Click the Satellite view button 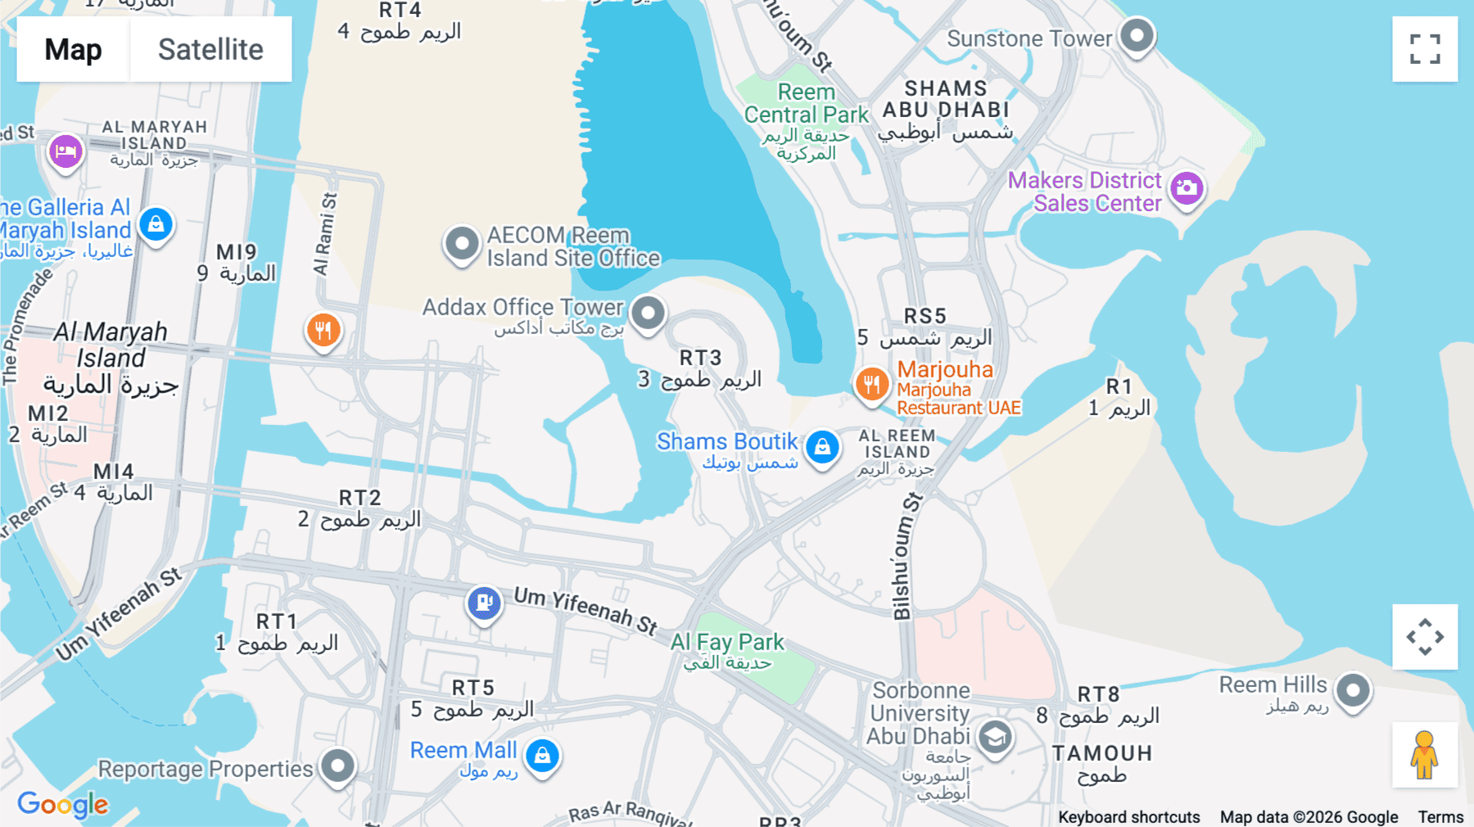[x=210, y=49]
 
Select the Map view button [x=73, y=49]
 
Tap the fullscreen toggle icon [x=1425, y=49]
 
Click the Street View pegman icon [x=1424, y=755]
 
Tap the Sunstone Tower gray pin [x=1137, y=35]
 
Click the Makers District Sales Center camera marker [x=1187, y=189]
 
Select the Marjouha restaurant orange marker [x=872, y=383]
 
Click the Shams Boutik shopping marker [x=822, y=446]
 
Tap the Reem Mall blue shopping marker [x=542, y=755]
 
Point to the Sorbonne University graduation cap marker [x=995, y=738]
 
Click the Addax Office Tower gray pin [x=648, y=312]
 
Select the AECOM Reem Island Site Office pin [x=462, y=243]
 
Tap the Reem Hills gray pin [x=1353, y=690]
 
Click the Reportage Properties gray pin [x=337, y=766]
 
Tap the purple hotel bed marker [x=66, y=151]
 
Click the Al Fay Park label [x=727, y=643]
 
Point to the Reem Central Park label [x=806, y=104]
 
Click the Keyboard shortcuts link [x=1128, y=816]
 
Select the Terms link [x=1440, y=816]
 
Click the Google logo [x=63, y=804]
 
